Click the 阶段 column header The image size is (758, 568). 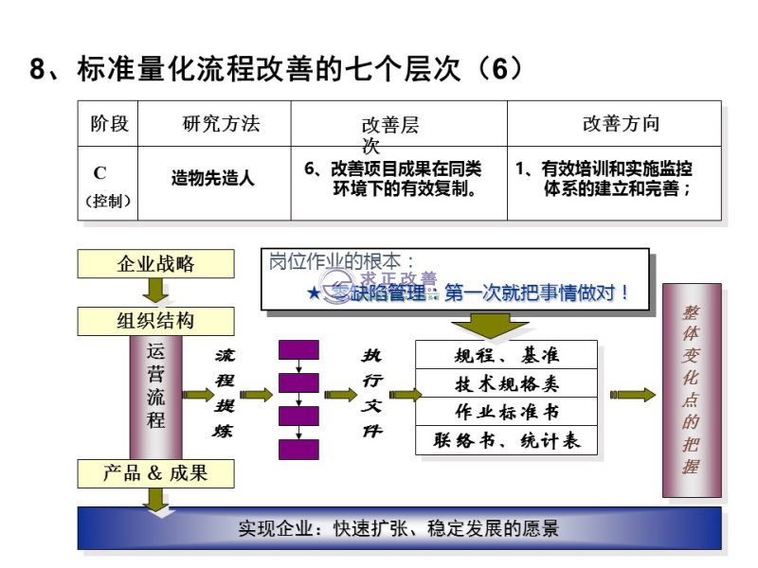(109, 124)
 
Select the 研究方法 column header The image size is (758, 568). (221, 124)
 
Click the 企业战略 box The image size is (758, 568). (155, 264)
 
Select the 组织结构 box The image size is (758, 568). (155, 321)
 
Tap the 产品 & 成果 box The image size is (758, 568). (155, 472)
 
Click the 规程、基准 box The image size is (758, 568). (507, 355)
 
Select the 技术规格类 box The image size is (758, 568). (507, 383)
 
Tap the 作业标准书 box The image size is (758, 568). (507, 412)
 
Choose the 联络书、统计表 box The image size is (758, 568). (507, 440)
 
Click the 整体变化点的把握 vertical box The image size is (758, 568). (692, 390)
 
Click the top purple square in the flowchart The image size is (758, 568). (298, 349)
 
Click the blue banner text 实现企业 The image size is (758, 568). (269, 528)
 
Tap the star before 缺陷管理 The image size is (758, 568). (314, 293)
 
